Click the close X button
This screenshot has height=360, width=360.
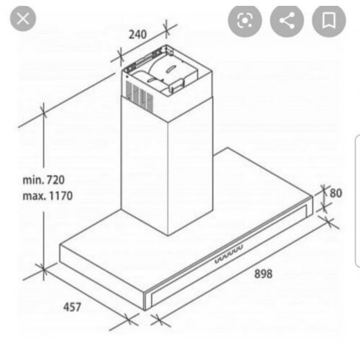pyautogui.click(x=23, y=18)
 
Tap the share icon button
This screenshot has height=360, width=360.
pyautogui.click(x=287, y=20)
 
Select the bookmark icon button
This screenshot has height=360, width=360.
pyautogui.click(x=329, y=20)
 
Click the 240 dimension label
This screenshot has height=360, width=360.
pyautogui.click(x=138, y=35)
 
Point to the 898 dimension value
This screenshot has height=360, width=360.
pyautogui.click(x=263, y=274)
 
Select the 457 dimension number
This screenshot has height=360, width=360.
pyautogui.click(x=72, y=307)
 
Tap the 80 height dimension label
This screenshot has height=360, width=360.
pyautogui.click(x=336, y=193)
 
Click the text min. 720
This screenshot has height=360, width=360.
pyautogui.click(x=44, y=180)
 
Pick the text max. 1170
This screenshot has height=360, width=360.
pyautogui.click(x=48, y=196)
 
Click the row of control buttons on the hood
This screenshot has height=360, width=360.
pyautogui.click(x=229, y=254)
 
